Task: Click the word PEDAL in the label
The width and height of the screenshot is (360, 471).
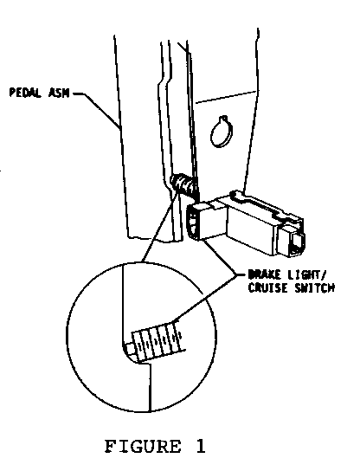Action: click(x=25, y=93)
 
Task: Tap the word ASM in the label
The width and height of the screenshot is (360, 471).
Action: click(x=58, y=93)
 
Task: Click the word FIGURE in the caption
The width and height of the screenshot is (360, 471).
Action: click(x=143, y=446)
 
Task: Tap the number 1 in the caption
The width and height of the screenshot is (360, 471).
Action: click(x=200, y=446)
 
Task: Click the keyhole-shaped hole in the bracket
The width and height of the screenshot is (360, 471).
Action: click(x=222, y=132)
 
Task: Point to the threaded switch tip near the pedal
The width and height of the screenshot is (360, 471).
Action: click(x=183, y=184)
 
